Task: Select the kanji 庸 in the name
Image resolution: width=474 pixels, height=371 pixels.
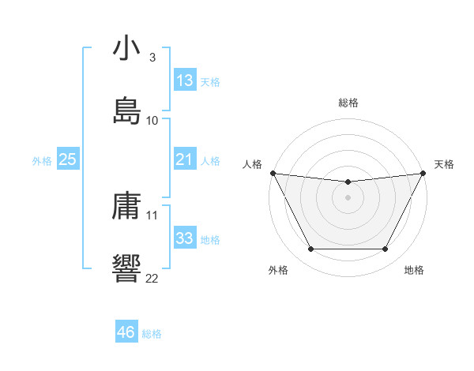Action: pyautogui.click(x=126, y=206)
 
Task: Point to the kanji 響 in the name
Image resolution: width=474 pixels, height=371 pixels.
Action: pyautogui.click(x=126, y=267)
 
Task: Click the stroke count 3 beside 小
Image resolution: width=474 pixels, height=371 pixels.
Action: pyautogui.click(x=152, y=58)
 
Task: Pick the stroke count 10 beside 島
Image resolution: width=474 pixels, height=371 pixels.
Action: pyautogui.click(x=152, y=120)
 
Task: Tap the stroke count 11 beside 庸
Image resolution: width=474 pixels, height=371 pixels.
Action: pyautogui.click(x=152, y=215)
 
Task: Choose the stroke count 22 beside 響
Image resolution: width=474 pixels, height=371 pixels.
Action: pyautogui.click(x=152, y=277)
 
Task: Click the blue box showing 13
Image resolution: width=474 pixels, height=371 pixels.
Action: pyautogui.click(x=184, y=81)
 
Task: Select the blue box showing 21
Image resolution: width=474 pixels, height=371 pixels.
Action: pyautogui.click(x=184, y=159)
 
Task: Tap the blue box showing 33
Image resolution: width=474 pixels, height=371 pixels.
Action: pyautogui.click(x=184, y=238)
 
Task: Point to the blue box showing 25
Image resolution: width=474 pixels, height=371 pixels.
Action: pyautogui.click(x=67, y=159)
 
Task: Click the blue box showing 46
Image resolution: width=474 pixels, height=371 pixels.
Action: pyautogui.click(x=126, y=332)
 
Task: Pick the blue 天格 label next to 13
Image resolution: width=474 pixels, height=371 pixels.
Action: pyautogui.click(x=210, y=82)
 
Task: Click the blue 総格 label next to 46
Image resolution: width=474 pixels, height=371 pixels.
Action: pyautogui.click(x=152, y=334)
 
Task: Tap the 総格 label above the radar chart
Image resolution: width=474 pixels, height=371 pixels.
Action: pyautogui.click(x=348, y=103)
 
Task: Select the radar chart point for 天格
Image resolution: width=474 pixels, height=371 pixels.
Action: pyautogui.click(x=423, y=173)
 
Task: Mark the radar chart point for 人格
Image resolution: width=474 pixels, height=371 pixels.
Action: pyautogui.click(x=273, y=173)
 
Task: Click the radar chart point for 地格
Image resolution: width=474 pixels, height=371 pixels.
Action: pyautogui.click(x=385, y=249)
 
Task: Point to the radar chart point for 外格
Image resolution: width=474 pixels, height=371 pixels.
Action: pyautogui.click(x=310, y=249)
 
